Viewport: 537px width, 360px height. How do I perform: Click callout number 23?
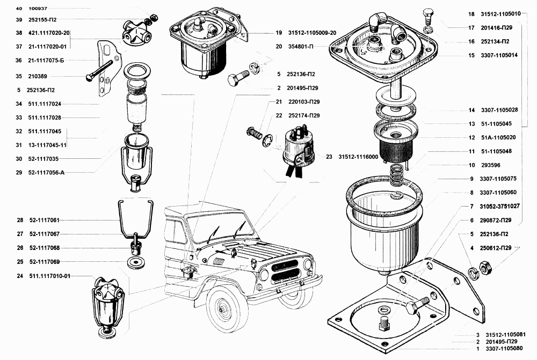[x=329, y=157]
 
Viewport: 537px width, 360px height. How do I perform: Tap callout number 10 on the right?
[x=471, y=165]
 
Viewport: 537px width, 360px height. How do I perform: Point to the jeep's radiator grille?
[x=284, y=268]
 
